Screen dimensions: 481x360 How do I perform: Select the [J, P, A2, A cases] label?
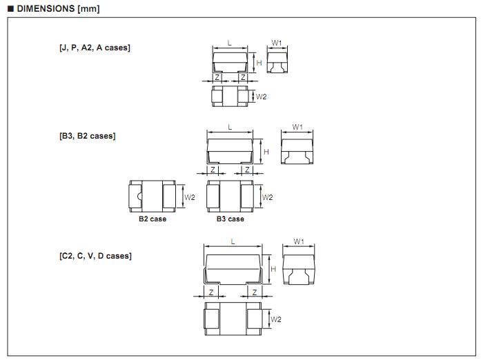coord(95,48)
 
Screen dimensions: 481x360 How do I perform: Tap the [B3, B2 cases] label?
coord(87,136)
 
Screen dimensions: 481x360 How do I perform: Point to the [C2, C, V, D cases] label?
coord(95,256)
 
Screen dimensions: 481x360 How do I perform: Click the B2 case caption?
coord(153,219)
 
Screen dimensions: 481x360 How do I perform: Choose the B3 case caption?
coord(230,219)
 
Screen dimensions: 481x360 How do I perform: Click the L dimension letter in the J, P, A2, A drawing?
coord(230,43)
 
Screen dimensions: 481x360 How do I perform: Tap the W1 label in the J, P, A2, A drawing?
coord(276,43)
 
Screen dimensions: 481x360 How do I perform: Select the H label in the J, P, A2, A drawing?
coord(259,63)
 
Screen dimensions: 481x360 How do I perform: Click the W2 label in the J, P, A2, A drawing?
coord(261,97)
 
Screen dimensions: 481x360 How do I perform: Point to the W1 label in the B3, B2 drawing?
coord(297,127)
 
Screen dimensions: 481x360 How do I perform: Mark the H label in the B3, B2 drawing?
coord(266,151)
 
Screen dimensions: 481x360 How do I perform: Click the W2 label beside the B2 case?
coord(190,197)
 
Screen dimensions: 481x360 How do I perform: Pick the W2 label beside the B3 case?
coord(268,197)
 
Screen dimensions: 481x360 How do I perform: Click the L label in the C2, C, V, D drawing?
coord(233,241)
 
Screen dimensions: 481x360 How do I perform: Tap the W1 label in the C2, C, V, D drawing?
coord(298,241)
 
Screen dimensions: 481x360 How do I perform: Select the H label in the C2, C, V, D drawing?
coord(273,269)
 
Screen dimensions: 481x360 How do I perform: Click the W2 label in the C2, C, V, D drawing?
coord(275,319)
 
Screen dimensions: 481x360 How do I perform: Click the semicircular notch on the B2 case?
coord(140,197)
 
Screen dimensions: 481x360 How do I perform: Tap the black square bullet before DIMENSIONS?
coord(10,8)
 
